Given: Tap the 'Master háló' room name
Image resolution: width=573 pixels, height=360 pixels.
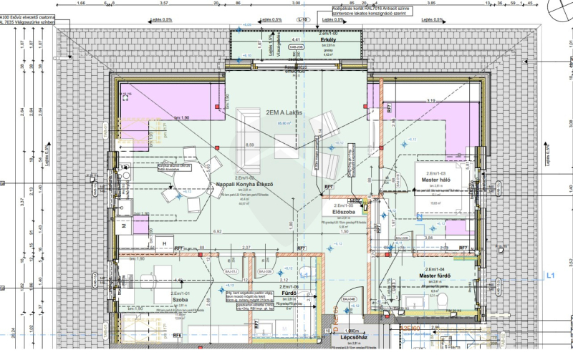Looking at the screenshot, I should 435,180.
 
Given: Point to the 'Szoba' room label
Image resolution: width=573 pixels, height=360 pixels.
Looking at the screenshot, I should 179,301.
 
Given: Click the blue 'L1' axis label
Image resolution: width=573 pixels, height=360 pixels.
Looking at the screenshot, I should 551,274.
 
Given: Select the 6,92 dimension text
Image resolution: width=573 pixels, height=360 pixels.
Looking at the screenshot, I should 216,232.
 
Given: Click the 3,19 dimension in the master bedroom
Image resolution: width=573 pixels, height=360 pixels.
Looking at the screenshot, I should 431,102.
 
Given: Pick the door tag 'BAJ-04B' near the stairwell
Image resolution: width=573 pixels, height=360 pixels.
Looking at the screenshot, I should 349,299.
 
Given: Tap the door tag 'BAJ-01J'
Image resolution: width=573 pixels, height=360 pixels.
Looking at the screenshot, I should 232,273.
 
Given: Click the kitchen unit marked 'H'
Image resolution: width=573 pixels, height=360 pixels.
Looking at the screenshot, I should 164,244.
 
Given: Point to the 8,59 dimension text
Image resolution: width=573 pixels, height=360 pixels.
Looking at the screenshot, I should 250,145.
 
